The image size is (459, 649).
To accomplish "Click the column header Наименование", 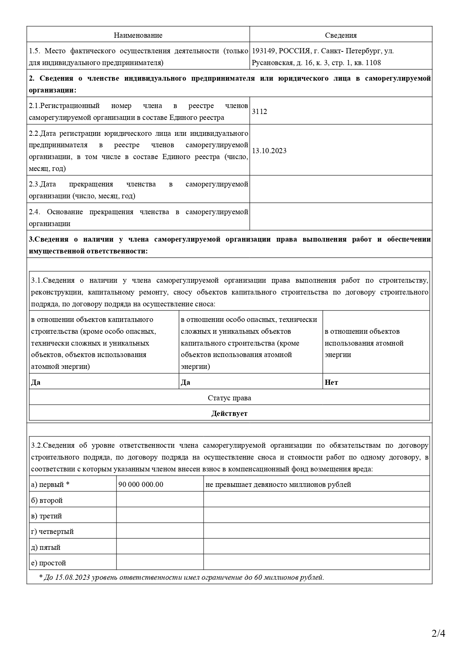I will tap(138, 35).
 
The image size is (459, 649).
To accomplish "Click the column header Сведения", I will tap(341, 35).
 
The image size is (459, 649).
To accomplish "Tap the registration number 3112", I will tap(259, 111).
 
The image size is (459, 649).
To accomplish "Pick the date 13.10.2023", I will tap(269, 151).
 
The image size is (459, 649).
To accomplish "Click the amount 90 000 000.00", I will tap(141, 484).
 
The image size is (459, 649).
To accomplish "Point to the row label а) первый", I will tap(50, 484).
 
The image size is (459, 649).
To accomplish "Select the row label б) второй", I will tap(47, 500).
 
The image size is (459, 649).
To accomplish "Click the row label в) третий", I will tap(47, 516).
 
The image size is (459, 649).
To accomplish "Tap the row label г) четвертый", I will tap(53, 531).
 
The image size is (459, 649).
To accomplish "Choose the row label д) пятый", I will tap(46, 547).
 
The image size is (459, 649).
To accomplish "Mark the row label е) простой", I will tap(48, 563).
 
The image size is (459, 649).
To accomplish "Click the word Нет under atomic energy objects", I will tap(331, 382).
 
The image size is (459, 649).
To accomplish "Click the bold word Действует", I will tap(229, 413).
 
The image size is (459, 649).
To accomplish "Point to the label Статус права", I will tap(229, 398).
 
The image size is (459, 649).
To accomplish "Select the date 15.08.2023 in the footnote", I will tap(72, 577).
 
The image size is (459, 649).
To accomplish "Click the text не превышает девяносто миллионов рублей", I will tap(278, 484).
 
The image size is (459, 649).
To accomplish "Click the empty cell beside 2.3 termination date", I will tap(341, 189).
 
